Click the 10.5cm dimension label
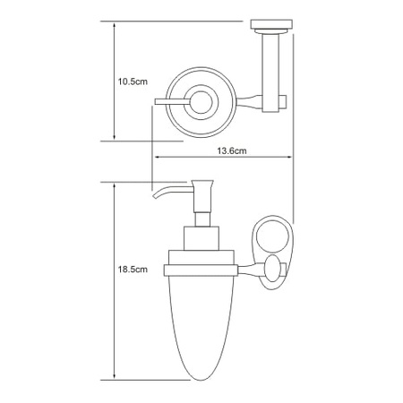[x=133, y=81]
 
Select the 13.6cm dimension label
[x=232, y=150]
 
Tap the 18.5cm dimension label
[x=133, y=270]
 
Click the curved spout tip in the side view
[x=155, y=196]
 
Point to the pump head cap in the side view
[x=202, y=183]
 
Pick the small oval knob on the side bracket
[x=272, y=269]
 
